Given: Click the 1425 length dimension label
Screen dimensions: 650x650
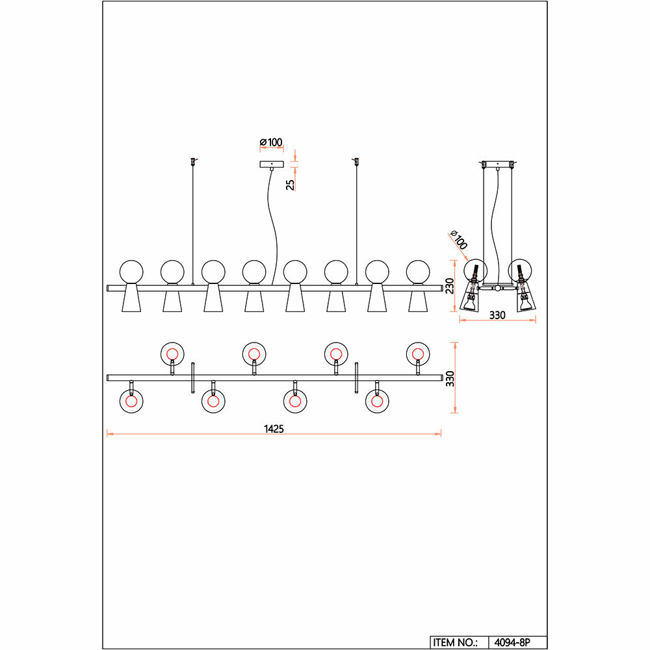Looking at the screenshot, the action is point(274,429).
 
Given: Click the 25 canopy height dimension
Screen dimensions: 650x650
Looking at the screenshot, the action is point(291,183).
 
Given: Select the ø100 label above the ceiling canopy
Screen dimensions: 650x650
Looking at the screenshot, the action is point(270,142).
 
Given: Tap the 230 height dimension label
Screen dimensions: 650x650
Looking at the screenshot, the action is point(448,286).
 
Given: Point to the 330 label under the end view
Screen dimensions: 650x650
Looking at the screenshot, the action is point(497,315).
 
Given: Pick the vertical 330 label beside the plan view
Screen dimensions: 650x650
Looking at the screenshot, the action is point(448,380).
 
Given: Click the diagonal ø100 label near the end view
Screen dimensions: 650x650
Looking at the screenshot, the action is point(458,240).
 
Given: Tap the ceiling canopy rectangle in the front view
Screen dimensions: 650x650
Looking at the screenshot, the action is point(272,164).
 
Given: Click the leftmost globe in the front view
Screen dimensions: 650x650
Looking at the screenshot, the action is point(131,271).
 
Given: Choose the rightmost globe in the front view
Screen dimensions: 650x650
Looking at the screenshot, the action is point(418,271).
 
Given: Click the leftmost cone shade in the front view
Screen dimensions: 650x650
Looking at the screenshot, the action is point(131,299).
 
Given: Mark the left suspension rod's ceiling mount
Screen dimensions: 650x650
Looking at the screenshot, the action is point(192,161).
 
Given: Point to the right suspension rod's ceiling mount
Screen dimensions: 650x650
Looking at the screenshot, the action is point(356,161).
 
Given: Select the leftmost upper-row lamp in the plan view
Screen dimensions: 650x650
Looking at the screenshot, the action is point(172,353).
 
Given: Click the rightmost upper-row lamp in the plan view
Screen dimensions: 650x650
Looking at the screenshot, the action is point(417,353).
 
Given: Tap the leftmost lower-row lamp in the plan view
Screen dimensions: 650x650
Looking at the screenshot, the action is point(131,401).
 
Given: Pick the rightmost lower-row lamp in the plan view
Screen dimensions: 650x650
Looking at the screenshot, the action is point(376,401).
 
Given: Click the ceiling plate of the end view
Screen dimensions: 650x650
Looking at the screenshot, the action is point(499,162).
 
